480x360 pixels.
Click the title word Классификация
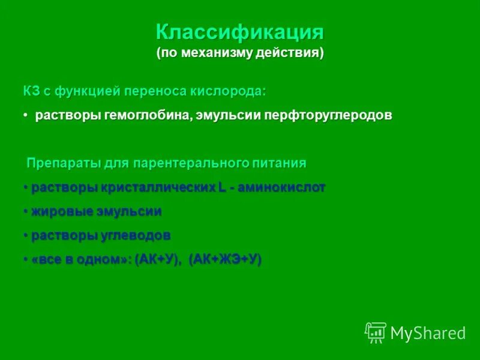pyautogui.click(x=240, y=32)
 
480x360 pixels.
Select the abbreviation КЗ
pyautogui.click(x=31, y=91)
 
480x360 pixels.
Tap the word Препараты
pyautogui.click(x=57, y=163)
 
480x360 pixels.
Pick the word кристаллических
pyautogui.click(x=158, y=188)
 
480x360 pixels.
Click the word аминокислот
pyautogui.click(x=281, y=188)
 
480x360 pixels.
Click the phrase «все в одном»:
pyautogui.click(x=81, y=260)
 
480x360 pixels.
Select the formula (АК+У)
pyautogui.click(x=158, y=260)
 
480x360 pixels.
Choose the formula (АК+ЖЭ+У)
pyautogui.click(x=225, y=260)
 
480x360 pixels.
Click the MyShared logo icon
pyautogui.click(x=376, y=332)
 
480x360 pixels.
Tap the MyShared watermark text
pyautogui.click(x=428, y=333)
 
